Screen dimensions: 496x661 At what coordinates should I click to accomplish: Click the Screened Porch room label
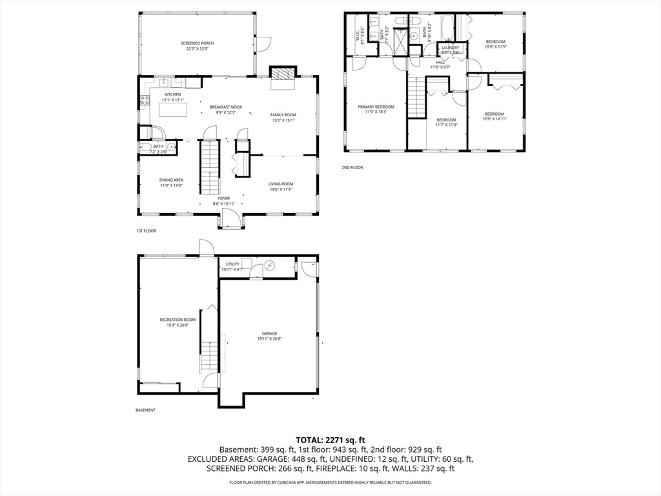tap(197, 43)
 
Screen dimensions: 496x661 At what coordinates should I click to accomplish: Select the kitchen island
tap(173, 110)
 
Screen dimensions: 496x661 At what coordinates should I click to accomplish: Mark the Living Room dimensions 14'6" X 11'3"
tap(281, 189)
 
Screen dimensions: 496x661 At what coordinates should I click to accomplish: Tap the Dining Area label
tap(172, 180)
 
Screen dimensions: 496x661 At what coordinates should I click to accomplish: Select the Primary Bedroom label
tap(376, 107)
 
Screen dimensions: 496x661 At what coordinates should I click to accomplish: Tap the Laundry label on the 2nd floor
tap(451, 47)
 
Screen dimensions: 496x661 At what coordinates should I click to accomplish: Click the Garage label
tap(269, 334)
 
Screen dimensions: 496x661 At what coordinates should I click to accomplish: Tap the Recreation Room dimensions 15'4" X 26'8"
tap(178, 325)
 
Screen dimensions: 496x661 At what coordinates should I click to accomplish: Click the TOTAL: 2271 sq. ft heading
tap(330, 440)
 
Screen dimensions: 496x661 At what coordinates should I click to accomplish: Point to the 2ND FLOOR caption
tap(352, 167)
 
